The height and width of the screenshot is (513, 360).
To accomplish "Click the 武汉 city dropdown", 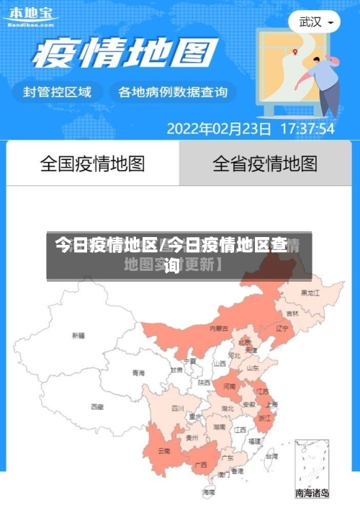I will (x=315, y=22).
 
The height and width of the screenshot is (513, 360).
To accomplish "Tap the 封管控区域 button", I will (x=58, y=92).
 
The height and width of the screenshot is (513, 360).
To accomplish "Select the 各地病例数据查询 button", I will (x=173, y=92).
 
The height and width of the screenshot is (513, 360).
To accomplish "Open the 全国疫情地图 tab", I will (x=92, y=164).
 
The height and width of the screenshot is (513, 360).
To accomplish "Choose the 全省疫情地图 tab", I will (x=265, y=164).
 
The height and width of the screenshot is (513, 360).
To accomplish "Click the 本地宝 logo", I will (x=30, y=16).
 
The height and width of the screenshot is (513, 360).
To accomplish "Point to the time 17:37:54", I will (x=307, y=130).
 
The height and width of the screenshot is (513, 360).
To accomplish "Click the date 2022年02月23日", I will (x=219, y=130).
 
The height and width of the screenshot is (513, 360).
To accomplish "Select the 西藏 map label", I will (x=96, y=407).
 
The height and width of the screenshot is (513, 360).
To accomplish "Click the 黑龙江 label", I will (x=310, y=293).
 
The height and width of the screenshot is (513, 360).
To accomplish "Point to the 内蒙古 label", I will (x=219, y=329).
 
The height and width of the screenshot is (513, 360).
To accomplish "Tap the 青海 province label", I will (x=138, y=373).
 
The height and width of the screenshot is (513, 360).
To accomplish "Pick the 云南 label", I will (x=164, y=452).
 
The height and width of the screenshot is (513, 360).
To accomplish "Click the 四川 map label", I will (x=178, y=409).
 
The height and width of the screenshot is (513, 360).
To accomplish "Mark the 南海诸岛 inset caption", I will (x=312, y=494).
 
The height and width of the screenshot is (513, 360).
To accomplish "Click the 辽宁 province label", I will (x=282, y=329).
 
